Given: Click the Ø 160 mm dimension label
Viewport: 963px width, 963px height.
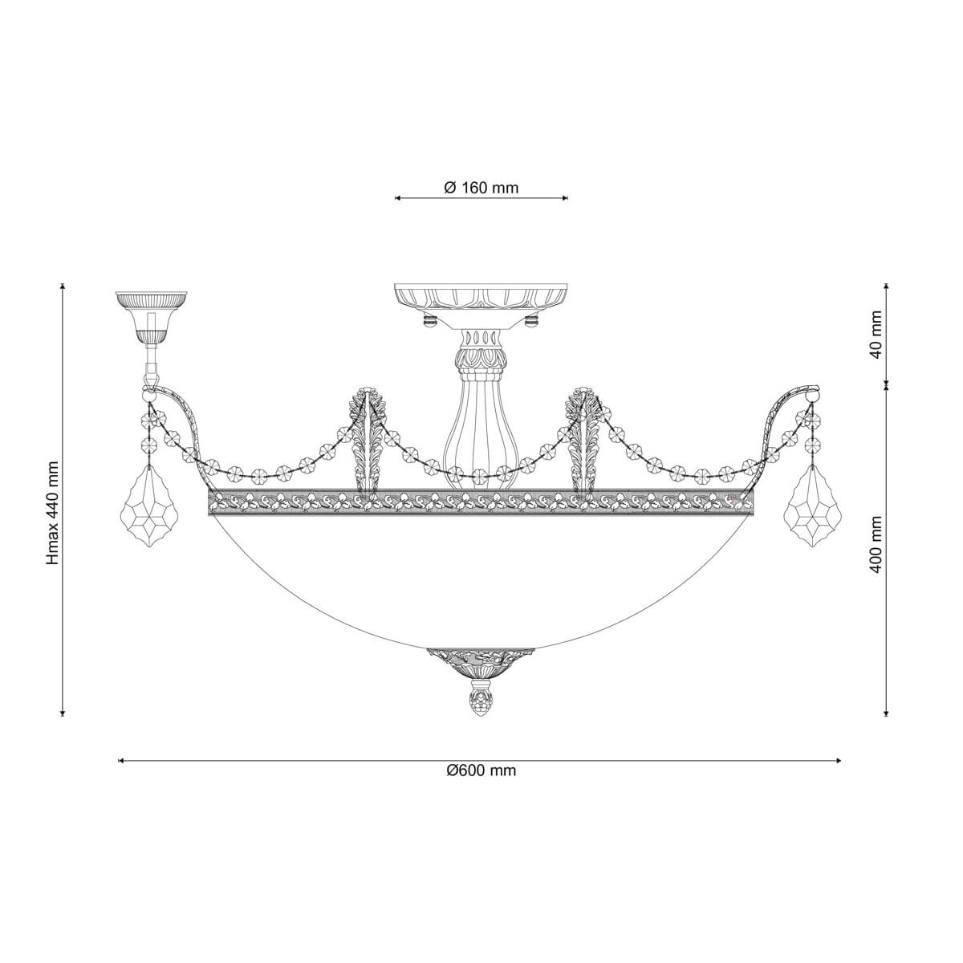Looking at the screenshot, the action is point(481,188).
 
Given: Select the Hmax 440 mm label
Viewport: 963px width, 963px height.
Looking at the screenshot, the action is point(53,514).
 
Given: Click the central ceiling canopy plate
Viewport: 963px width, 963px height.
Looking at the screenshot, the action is point(481,305).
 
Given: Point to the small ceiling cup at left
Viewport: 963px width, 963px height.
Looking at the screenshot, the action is point(151,316).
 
